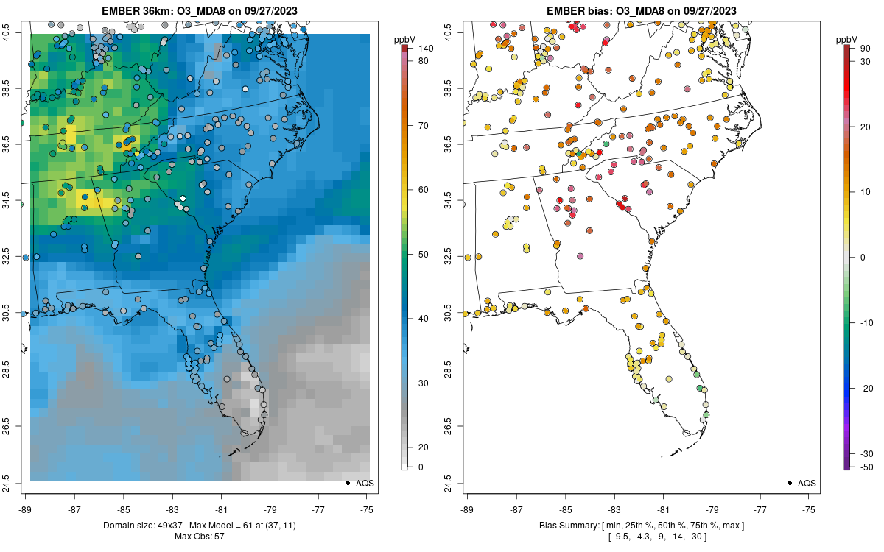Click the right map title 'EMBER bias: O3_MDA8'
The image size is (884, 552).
641,10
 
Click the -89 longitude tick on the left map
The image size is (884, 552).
26,509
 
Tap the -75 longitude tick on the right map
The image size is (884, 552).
809,509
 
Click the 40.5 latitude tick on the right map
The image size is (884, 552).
457,32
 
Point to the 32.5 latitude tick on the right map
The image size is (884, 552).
457,258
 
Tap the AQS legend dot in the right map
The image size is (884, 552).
789,484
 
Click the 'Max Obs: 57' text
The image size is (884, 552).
199,536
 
